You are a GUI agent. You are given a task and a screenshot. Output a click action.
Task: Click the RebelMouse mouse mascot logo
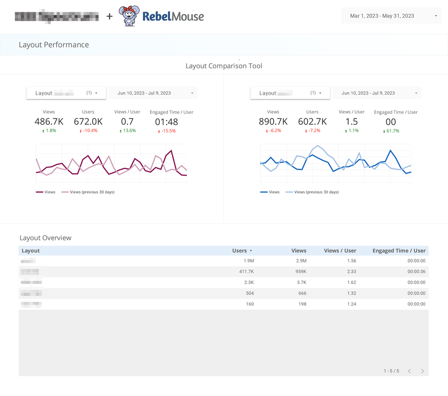(x=129, y=16)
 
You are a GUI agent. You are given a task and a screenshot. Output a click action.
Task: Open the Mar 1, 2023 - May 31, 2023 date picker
(x=391, y=16)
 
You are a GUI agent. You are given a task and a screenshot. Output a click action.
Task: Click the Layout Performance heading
(x=53, y=45)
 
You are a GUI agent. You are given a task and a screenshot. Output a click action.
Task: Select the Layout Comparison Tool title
(x=224, y=66)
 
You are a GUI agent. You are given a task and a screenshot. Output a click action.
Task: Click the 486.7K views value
(x=49, y=122)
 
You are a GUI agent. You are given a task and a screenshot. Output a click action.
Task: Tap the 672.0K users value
(x=88, y=122)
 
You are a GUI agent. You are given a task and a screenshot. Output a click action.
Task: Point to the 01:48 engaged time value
(x=166, y=122)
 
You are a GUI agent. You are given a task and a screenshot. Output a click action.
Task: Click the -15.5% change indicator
(x=167, y=131)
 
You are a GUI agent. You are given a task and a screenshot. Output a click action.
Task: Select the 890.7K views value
(x=273, y=122)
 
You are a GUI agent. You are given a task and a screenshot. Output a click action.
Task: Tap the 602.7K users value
(x=312, y=122)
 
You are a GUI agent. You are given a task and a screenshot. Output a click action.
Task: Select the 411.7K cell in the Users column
(x=245, y=272)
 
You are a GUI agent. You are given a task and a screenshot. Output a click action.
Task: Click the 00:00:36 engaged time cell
(x=416, y=272)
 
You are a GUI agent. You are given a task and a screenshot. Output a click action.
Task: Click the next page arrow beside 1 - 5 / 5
(x=422, y=371)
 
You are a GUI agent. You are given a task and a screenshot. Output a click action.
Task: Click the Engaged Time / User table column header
(x=399, y=251)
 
